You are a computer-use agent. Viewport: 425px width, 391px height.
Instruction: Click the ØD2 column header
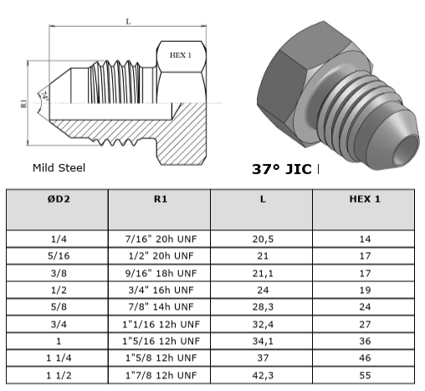[x=59, y=199]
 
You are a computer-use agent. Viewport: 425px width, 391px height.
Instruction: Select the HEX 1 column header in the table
[x=365, y=199]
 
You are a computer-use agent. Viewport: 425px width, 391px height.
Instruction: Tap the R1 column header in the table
[x=161, y=199]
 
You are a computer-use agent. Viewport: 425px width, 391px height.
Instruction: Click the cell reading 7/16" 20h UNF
[x=161, y=239]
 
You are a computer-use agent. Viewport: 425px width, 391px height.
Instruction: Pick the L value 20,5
[x=263, y=239]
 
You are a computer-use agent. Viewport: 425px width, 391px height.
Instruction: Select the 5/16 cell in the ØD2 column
[x=59, y=256]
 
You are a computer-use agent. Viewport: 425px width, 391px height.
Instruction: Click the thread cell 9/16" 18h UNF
[x=161, y=273]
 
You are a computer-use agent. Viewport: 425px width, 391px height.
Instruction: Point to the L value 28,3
[x=263, y=307]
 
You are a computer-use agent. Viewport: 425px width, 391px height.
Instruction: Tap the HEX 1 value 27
[x=365, y=324]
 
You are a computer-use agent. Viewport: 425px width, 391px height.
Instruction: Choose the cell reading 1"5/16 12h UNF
[x=161, y=341]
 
